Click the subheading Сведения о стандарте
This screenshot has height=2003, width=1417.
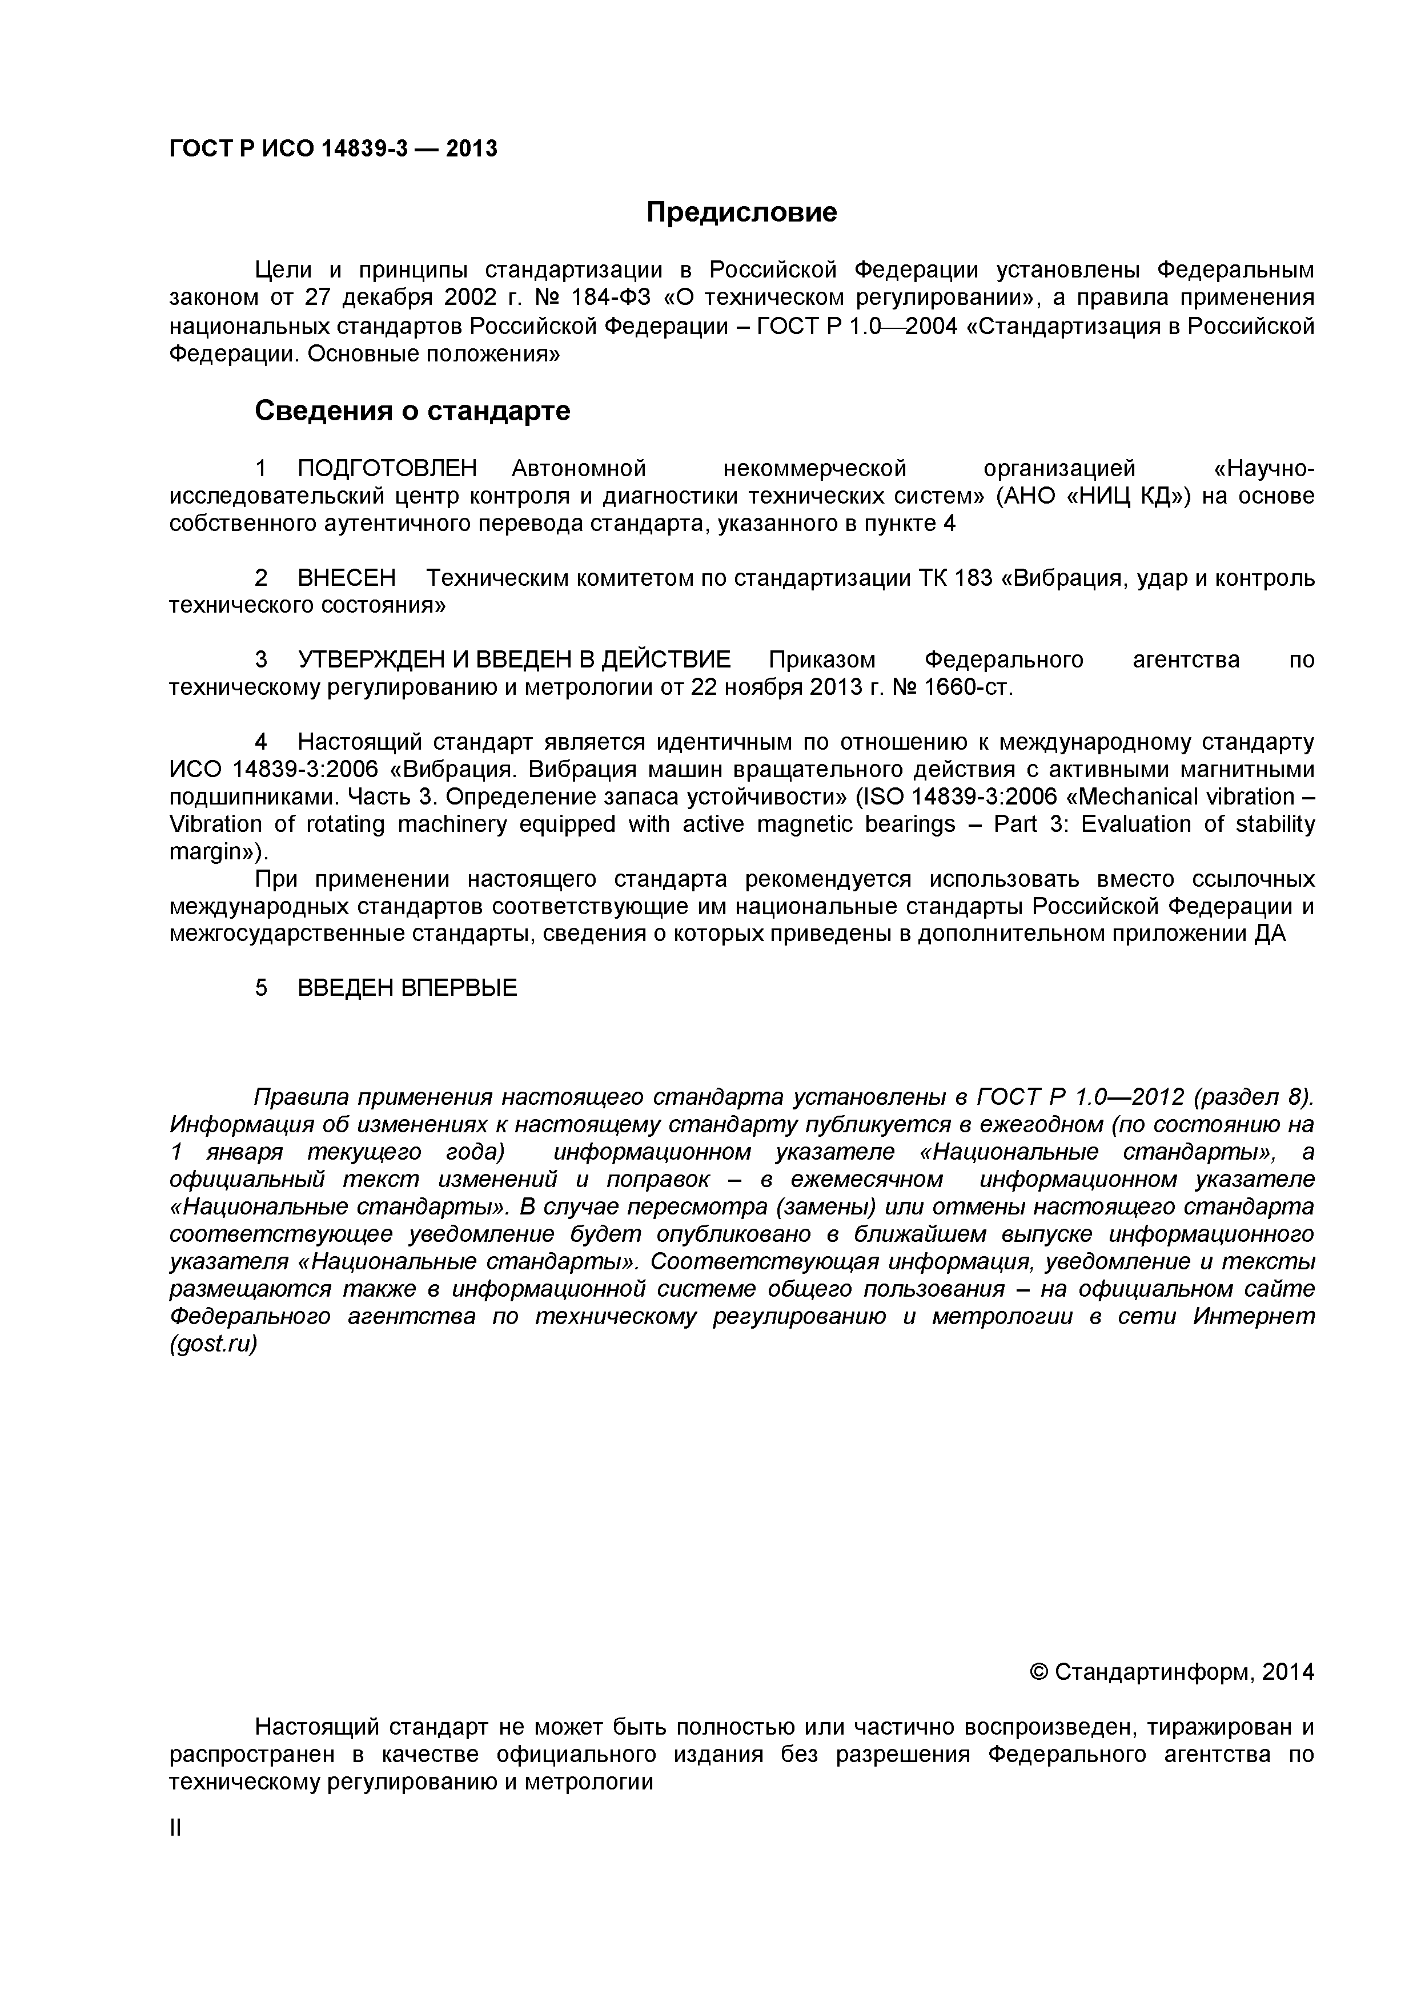(x=412, y=410)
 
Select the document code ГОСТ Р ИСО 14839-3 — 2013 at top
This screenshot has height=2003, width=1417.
(x=332, y=149)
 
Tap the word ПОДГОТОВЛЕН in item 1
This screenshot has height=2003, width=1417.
(x=387, y=468)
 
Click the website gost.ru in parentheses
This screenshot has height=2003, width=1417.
(x=214, y=1344)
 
